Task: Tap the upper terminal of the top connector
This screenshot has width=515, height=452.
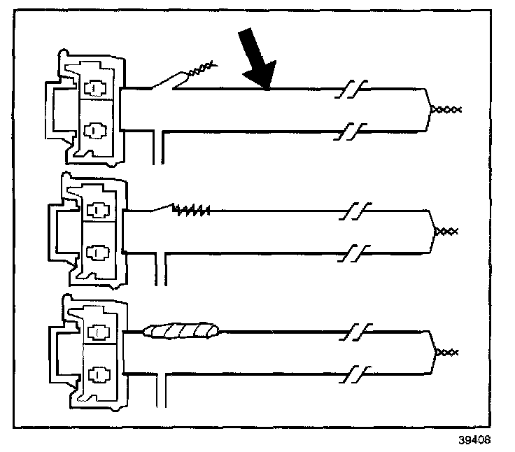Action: click(x=93, y=88)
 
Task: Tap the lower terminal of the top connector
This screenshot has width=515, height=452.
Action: click(x=93, y=129)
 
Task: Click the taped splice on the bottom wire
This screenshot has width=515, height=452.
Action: click(x=181, y=330)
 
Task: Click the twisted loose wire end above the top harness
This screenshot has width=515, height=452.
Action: click(x=200, y=69)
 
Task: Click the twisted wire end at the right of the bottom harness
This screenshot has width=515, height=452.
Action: click(x=446, y=351)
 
